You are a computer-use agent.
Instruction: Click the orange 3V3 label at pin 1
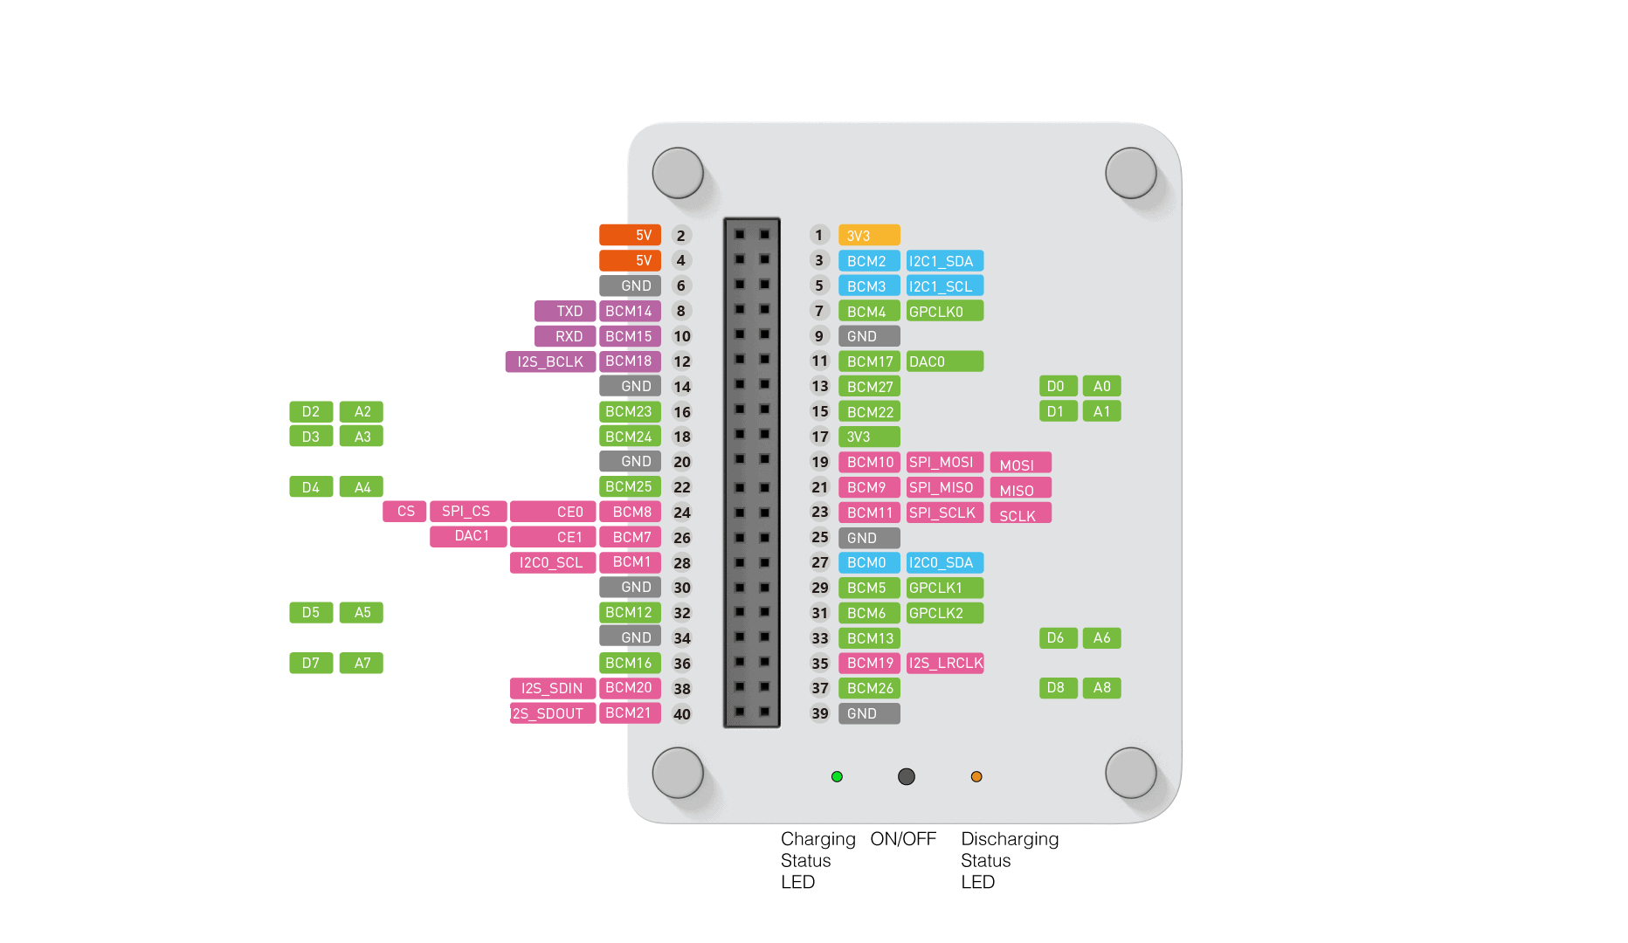point(868,236)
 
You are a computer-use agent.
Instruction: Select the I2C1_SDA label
point(944,261)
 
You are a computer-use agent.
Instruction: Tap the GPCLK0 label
point(944,312)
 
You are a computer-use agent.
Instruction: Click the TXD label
point(565,312)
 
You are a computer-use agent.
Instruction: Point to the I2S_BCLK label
point(550,361)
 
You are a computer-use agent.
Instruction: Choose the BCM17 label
point(869,361)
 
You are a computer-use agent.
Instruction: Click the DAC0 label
point(944,361)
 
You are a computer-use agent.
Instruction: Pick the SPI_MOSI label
point(944,463)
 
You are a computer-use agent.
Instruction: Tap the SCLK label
point(1020,514)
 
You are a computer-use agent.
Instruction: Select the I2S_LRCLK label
point(945,664)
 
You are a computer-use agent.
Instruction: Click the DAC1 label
point(469,536)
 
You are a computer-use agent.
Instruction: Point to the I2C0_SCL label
point(552,562)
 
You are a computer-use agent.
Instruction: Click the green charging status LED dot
point(837,776)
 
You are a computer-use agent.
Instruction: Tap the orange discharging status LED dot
point(976,776)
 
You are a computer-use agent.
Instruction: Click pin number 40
point(682,714)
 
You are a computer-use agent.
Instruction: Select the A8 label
point(1101,688)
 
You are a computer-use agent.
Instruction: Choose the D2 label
point(311,412)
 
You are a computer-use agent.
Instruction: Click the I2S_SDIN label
point(552,689)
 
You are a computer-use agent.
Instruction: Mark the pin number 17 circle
point(819,437)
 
